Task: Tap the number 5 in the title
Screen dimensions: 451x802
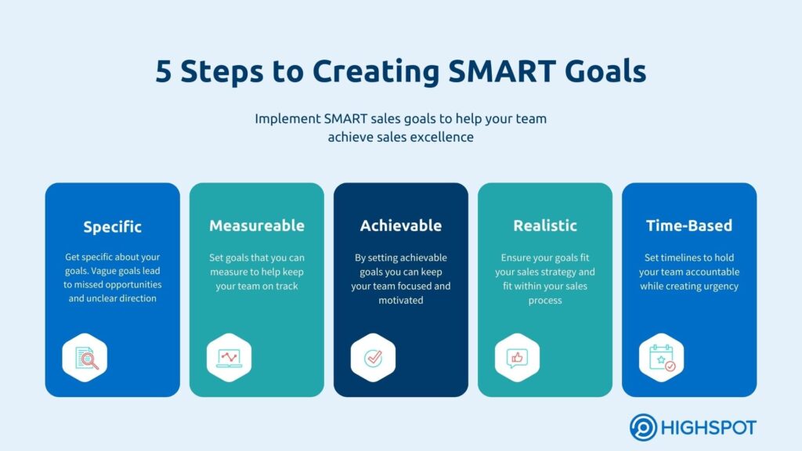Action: coord(164,71)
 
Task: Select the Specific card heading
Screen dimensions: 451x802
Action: coord(113,227)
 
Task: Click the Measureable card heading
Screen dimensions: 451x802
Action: coord(257,226)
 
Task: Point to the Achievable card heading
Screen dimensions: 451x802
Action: coord(401,226)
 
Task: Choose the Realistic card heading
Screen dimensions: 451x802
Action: coord(545,226)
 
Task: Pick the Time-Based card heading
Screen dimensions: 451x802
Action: coord(689,226)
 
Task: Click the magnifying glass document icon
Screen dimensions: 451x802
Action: coord(85,358)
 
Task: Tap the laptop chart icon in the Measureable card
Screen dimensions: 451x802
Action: coord(229,358)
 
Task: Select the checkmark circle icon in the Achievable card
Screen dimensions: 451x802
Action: coord(373,358)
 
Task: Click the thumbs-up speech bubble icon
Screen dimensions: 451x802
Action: coord(517,358)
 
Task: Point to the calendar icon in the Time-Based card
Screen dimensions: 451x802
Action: coord(661,358)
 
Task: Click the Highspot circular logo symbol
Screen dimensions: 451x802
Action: coord(644,428)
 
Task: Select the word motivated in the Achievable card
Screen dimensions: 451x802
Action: coord(400,300)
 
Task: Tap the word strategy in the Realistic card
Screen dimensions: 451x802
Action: coord(557,272)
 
